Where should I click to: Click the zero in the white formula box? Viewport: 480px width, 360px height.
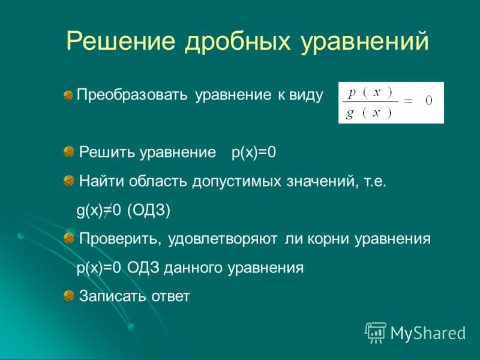428,101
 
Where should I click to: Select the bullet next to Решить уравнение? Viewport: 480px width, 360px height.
70,152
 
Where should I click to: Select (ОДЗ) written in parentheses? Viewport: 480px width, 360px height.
149,210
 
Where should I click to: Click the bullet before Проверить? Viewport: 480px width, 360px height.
70,238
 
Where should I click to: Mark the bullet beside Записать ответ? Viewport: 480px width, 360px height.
70,295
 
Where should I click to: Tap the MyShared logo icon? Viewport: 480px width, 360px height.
376,332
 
